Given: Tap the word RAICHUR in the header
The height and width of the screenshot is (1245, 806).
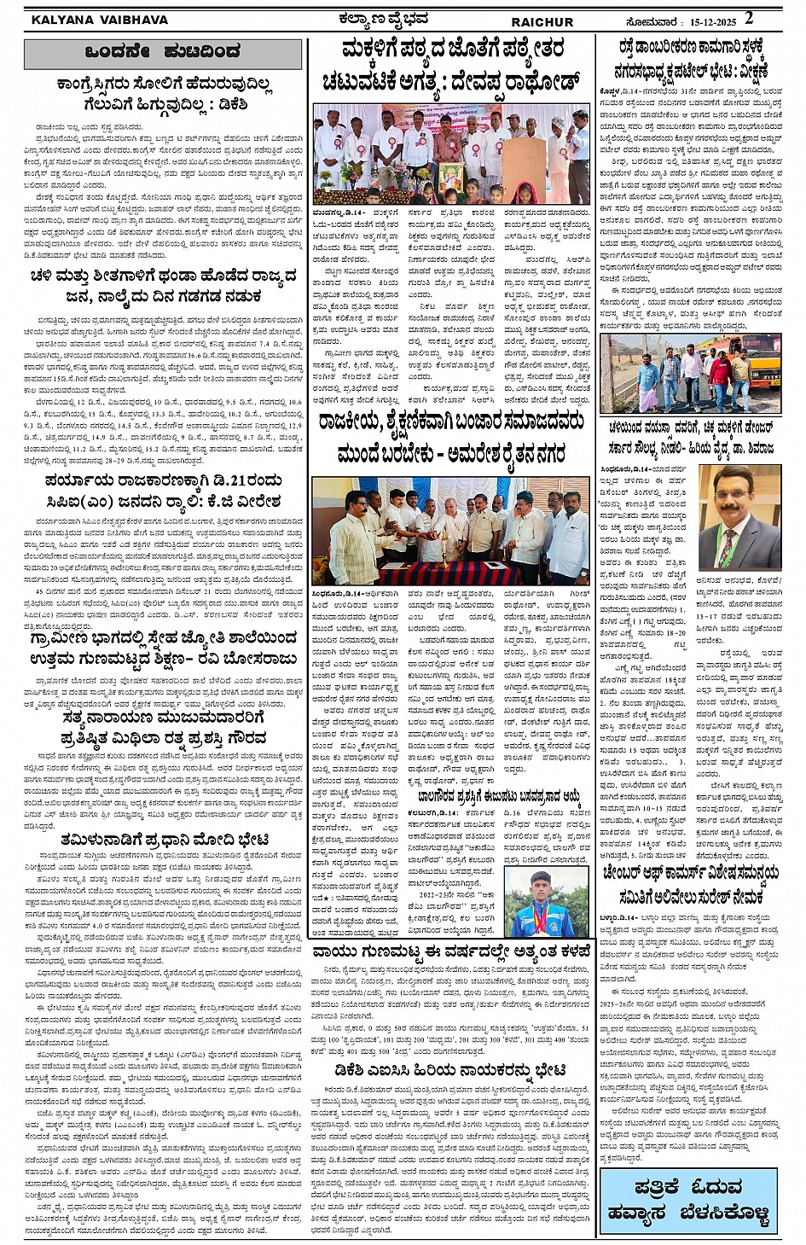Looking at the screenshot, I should tap(542, 21).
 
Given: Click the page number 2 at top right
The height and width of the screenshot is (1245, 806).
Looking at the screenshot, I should tap(749, 17).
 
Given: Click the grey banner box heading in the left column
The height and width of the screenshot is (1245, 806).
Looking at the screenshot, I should tap(162, 53).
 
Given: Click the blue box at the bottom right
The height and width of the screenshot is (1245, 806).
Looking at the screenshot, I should tap(687, 1200).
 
